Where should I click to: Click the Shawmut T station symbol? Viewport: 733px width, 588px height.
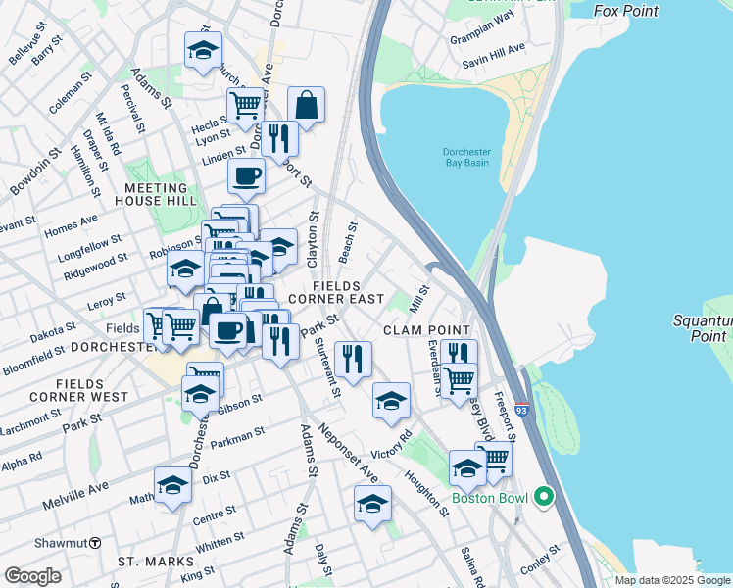click(x=95, y=543)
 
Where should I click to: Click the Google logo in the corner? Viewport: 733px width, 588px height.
click(x=32, y=576)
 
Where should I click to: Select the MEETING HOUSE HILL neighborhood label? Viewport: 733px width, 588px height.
click(x=156, y=195)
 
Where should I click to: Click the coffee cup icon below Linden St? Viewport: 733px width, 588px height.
click(x=246, y=176)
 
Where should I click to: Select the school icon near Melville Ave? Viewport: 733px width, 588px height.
click(x=172, y=485)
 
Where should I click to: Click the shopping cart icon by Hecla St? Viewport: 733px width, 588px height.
click(x=245, y=105)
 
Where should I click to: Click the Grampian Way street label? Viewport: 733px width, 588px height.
click(x=481, y=42)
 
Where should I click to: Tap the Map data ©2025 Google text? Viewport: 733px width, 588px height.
click(x=673, y=580)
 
